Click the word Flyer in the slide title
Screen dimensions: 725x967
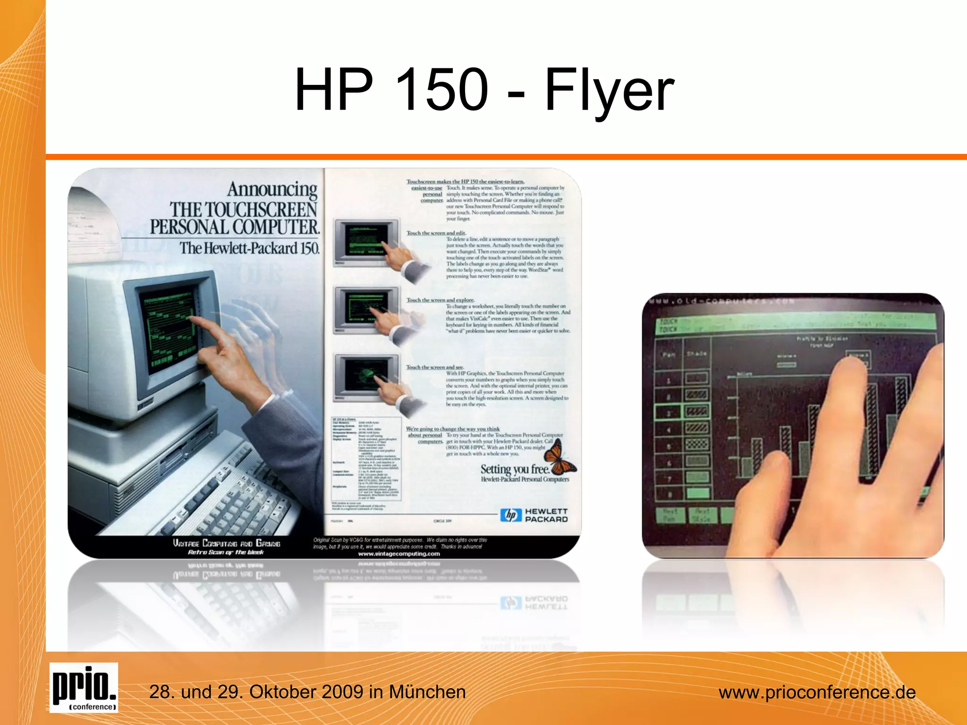pos(609,90)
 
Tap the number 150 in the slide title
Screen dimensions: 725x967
pos(441,90)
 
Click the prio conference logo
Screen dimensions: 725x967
pos(84,687)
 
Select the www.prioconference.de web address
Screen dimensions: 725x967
pos(817,692)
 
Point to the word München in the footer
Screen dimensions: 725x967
pos(427,692)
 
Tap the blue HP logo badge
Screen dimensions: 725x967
pos(511,515)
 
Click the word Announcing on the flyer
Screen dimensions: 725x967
pos(272,189)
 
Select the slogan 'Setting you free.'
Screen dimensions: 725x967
pos(515,469)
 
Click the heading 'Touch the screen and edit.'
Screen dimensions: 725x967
pos(436,233)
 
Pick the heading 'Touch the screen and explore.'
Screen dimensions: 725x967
pos(441,300)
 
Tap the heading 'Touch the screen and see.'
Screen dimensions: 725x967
pos(435,367)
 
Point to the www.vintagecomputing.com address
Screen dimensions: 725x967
pos(399,554)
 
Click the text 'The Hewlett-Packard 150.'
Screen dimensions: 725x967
pos(249,248)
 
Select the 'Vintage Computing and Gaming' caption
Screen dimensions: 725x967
pos(226,543)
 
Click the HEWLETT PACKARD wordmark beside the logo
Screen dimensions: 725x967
pos(546,515)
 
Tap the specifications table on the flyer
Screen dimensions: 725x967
pos(366,458)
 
